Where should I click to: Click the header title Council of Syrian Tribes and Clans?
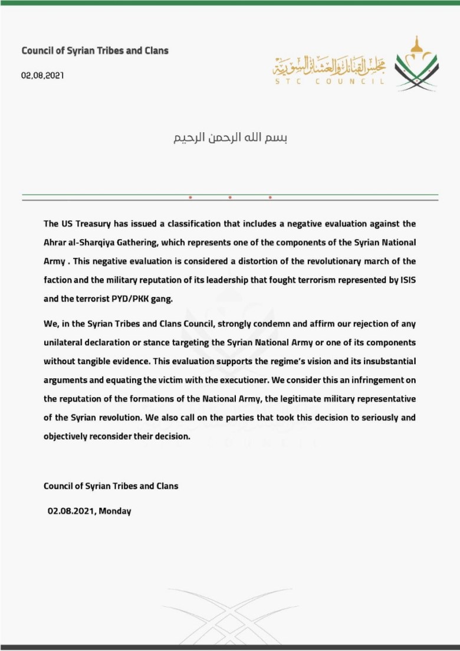pos(95,51)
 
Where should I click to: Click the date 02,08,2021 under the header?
pos(42,76)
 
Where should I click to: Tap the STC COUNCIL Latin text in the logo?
pos(328,81)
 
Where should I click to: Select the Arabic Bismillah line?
pos(230,140)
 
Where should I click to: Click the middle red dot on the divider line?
pos(230,197)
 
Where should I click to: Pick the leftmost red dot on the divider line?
pos(190,197)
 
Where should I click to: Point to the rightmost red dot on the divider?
pos(270,197)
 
